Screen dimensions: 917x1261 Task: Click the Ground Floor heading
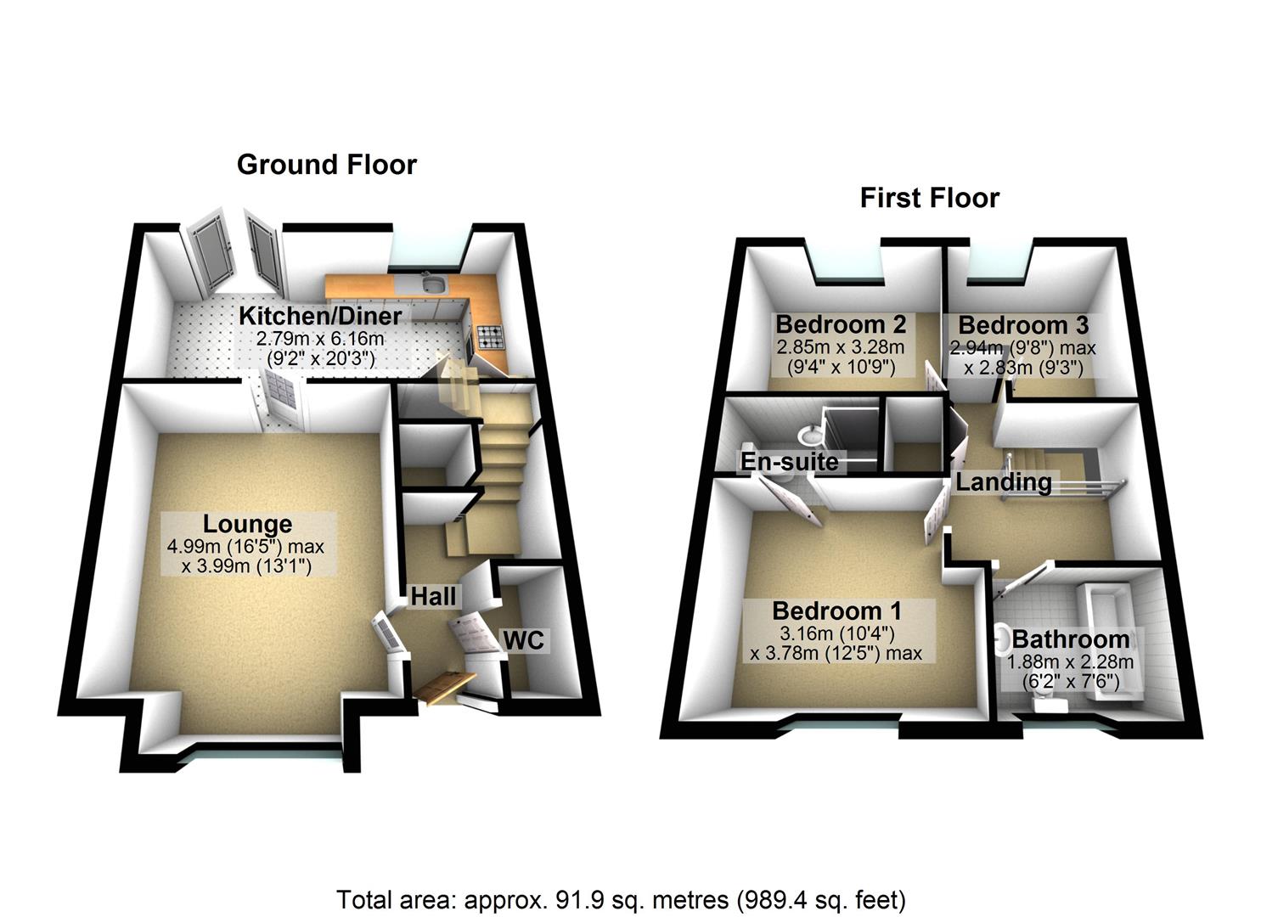point(327,164)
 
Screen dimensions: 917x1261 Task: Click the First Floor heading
point(929,198)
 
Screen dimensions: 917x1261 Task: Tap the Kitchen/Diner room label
point(320,316)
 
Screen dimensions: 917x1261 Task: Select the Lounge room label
point(246,524)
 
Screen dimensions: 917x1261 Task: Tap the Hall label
point(433,596)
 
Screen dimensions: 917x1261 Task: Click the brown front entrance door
point(444,686)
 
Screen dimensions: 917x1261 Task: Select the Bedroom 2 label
point(841,324)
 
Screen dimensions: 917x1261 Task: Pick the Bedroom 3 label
point(1023,325)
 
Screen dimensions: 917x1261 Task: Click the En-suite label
point(790,461)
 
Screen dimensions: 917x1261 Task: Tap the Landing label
point(1004,482)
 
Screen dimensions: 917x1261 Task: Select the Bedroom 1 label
point(836,610)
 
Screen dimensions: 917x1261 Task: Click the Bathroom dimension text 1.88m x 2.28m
point(1070,662)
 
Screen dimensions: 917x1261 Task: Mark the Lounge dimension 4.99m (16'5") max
point(246,547)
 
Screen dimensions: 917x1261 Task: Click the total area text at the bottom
point(621,898)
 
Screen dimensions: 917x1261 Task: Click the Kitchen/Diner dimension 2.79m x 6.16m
point(320,338)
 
